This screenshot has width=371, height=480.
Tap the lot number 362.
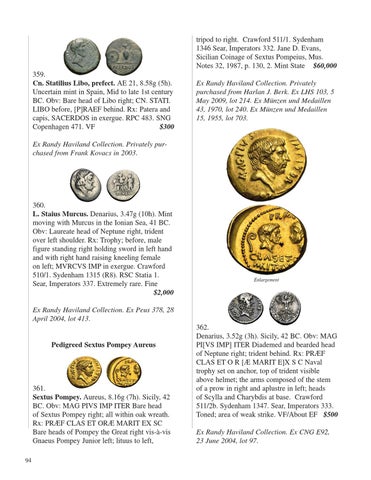[203, 327]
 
